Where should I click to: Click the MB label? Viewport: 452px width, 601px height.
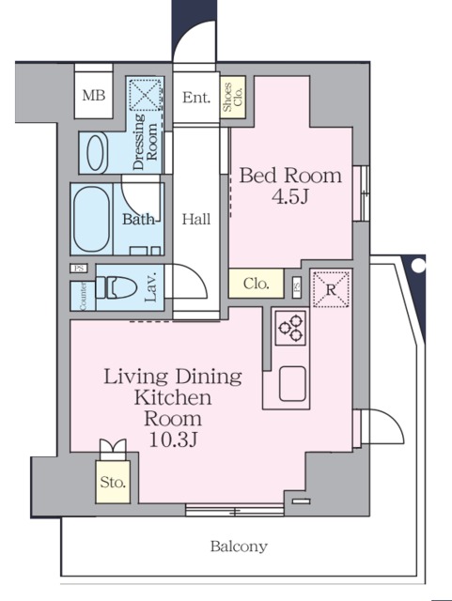pos(94,95)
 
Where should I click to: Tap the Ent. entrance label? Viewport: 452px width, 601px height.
pos(196,98)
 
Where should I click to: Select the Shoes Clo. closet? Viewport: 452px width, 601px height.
pos(233,97)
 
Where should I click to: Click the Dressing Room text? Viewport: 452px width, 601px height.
pos(145,142)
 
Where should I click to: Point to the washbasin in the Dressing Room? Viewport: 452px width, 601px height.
pos(96,152)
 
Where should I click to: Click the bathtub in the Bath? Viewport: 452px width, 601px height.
pos(91,219)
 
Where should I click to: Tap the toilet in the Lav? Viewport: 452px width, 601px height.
pos(116,287)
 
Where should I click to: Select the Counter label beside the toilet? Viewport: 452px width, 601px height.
pos(83,296)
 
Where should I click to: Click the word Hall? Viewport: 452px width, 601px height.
pos(196,219)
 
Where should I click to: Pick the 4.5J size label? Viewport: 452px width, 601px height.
pos(290,196)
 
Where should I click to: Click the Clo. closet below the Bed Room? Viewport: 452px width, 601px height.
pos(256,284)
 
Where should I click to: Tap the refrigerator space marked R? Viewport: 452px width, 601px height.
pos(331,289)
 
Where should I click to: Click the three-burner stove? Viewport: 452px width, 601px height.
pos(290,328)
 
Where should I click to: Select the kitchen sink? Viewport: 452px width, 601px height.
pos(293,384)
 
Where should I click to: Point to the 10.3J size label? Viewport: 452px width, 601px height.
pos(173,440)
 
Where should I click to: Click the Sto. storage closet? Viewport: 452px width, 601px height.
pos(113,482)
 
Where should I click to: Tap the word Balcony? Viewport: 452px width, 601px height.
pos(239,547)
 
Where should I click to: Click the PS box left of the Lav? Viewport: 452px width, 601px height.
pos(79,269)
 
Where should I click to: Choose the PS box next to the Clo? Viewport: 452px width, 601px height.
pos(297,287)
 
